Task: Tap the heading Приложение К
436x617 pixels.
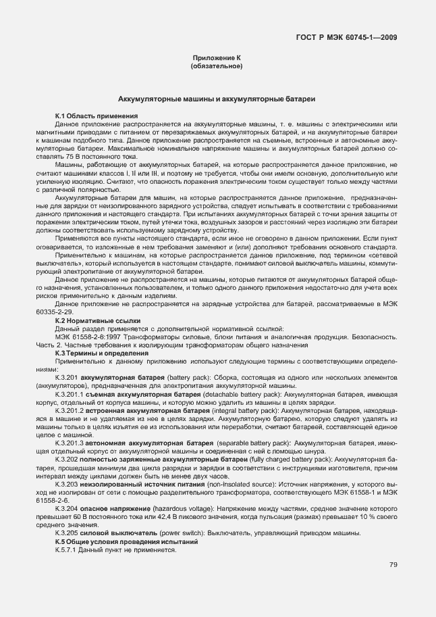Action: (x=217, y=59)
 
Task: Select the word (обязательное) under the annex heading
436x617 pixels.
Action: (x=217, y=67)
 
